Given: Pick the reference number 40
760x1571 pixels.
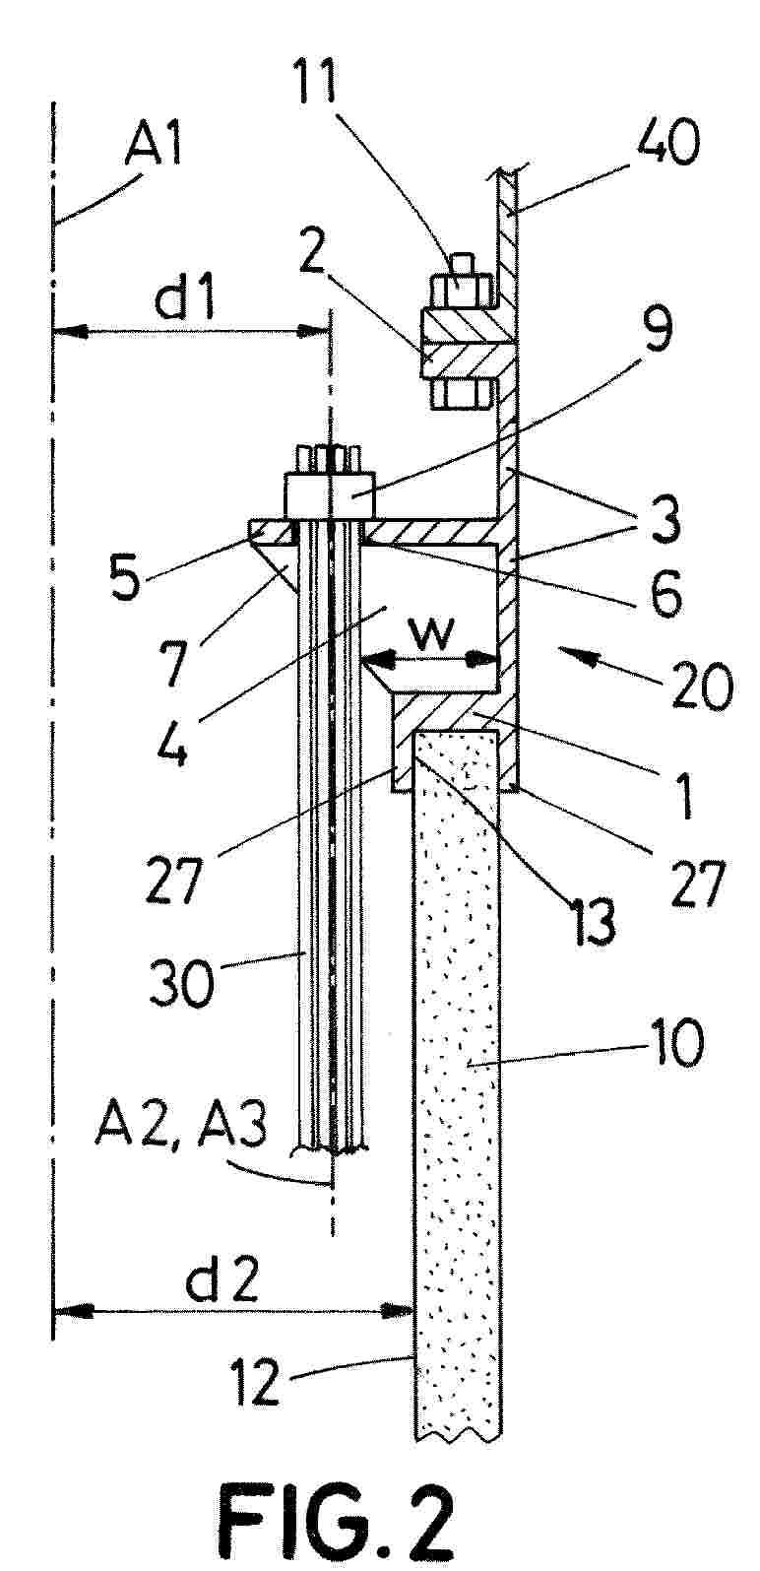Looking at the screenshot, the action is (x=667, y=145).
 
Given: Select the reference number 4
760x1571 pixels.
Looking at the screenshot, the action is (x=170, y=742).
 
